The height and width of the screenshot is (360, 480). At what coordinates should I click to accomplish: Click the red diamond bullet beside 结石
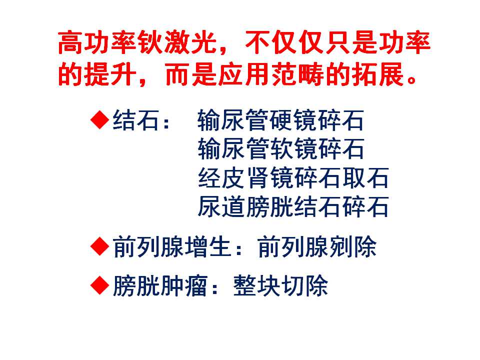point(100,120)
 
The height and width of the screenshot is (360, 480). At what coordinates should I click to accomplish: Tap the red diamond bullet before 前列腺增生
point(100,246)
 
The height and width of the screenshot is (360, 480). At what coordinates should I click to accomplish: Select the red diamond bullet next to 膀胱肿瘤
point(100,285)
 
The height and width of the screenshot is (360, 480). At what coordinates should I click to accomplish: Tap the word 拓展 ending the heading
point(377,74)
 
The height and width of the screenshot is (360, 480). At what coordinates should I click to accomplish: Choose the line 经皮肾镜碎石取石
point(293,177)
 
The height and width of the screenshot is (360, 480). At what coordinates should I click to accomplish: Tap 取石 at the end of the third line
point(365,177)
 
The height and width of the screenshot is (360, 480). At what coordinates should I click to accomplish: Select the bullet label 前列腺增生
point(172,246)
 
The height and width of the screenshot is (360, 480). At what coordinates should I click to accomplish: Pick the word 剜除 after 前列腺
point(353,246)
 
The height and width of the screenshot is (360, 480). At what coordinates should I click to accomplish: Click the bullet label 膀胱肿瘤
point(160,285)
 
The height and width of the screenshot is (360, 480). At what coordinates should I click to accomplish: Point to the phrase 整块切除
point(280,285)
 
